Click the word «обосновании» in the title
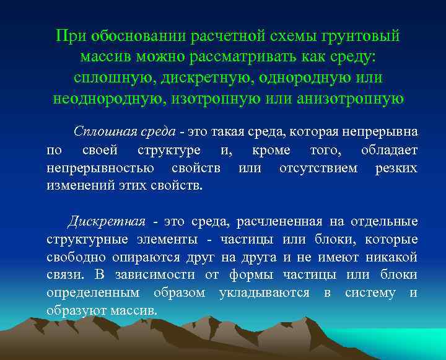click(133, 36)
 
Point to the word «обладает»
click(389, 151)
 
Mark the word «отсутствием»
click(318, 169)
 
